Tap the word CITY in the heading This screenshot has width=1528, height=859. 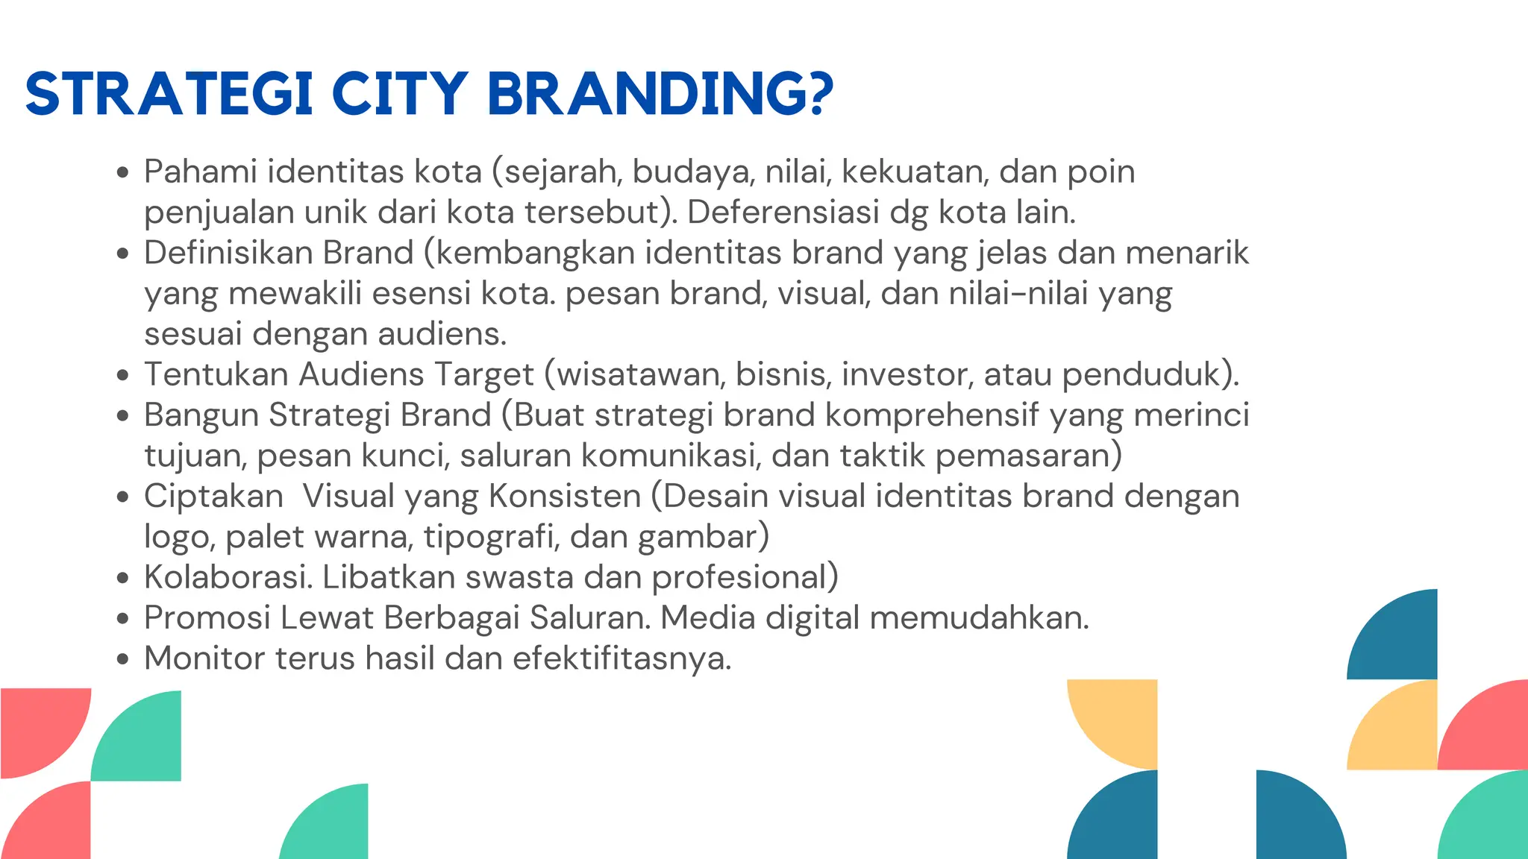[x=400, y=94]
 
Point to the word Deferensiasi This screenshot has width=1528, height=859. [x=783, y=213]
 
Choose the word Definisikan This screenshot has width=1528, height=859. [x=278, y=253]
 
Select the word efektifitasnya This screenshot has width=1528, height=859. [x=621, y=658]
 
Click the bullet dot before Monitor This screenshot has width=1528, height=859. [x=123, y=660]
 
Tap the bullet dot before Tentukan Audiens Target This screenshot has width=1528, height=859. [x=123, y=376]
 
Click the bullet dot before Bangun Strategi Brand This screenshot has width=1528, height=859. [x=123, y=417]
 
